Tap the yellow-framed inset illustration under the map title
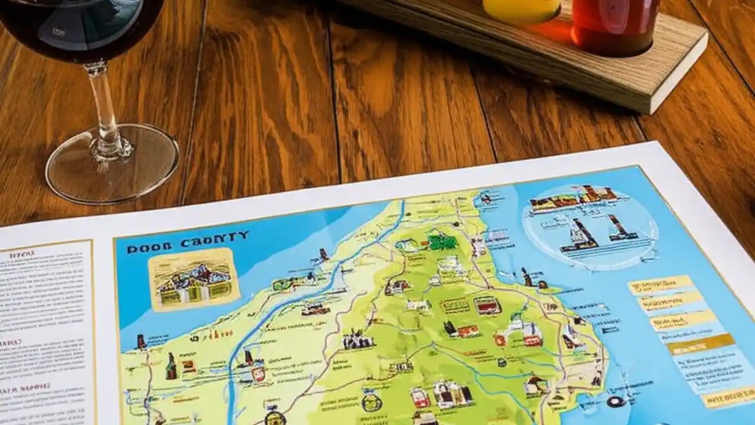[193, 279]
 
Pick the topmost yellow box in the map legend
[659, 285]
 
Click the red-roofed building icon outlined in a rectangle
[487, 306]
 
